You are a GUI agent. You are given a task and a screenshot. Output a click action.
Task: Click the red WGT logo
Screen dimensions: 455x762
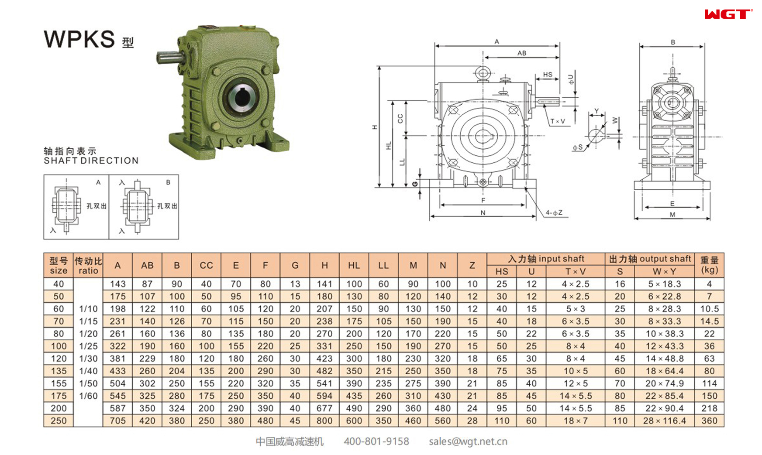tap(728, 14)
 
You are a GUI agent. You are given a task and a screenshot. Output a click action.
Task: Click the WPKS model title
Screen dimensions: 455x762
tap(79, 39)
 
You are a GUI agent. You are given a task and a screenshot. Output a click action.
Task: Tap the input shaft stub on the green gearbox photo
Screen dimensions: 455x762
tap(168, 57)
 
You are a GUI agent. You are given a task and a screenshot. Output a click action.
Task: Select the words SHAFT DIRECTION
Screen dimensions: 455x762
tap(91, 161)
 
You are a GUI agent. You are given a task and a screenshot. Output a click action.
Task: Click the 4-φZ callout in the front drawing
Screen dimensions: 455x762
tap(554, 213)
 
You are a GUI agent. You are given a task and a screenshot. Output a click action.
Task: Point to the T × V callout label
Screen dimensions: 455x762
tap(558, 121)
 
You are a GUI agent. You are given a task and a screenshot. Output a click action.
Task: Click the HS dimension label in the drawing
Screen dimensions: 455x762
tap(547, 75)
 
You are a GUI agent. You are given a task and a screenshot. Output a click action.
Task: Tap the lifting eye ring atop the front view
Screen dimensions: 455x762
tap(483, 72)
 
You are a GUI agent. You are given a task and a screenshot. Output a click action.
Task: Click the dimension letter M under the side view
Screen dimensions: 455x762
tap(672, 214)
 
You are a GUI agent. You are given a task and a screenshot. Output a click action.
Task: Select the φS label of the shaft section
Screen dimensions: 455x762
tap(578, 147)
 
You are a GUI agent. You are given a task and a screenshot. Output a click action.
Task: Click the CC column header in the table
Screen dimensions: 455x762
tap(206, 265)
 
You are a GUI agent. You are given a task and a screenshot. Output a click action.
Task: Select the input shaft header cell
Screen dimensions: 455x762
tap(546, 259)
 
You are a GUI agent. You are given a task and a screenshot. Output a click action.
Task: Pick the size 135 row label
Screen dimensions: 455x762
tap(59, 371)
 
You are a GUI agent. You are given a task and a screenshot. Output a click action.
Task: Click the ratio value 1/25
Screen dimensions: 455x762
tap(88, 346)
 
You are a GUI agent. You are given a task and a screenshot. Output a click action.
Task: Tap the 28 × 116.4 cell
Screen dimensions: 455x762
tap(664, 421)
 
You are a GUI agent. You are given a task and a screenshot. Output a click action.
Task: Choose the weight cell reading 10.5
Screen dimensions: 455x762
tap(709, 309)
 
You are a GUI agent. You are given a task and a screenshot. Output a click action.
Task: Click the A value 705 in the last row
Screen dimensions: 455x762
tap(117, 421)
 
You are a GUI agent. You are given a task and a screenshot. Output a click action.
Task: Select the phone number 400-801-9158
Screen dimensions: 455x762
tap(376, 441)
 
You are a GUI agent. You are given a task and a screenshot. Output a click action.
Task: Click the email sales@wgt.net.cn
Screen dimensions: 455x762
tap(468, 441)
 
